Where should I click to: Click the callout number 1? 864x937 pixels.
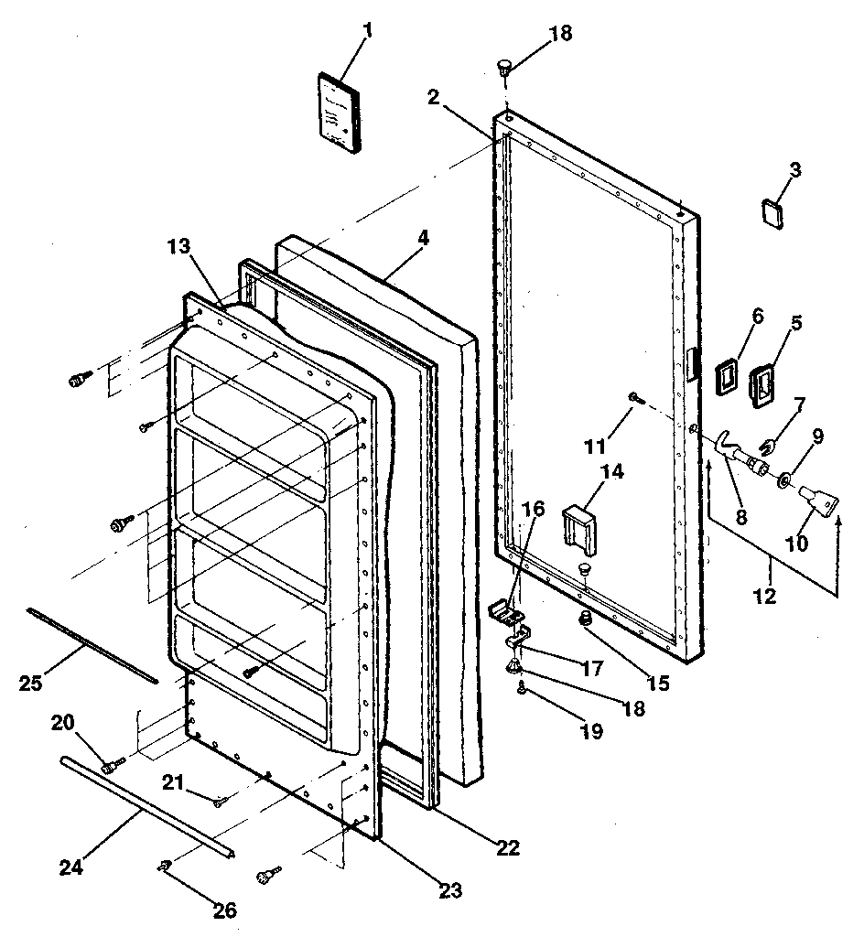(x=368, y=30)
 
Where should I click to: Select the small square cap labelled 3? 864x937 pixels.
(x=772, y=212)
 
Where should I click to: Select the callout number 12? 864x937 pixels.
(x=765, y=597)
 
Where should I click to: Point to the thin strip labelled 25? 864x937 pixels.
(x=92, y=645)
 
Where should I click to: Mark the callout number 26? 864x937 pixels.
(x=224, y=910)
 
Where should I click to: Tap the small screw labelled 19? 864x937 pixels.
(x=523, y=690)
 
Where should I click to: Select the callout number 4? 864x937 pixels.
(x=423, y=238)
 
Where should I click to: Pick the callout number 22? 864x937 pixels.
(x=508, y=847)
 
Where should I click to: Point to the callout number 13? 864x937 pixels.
(x=178, y=246)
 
